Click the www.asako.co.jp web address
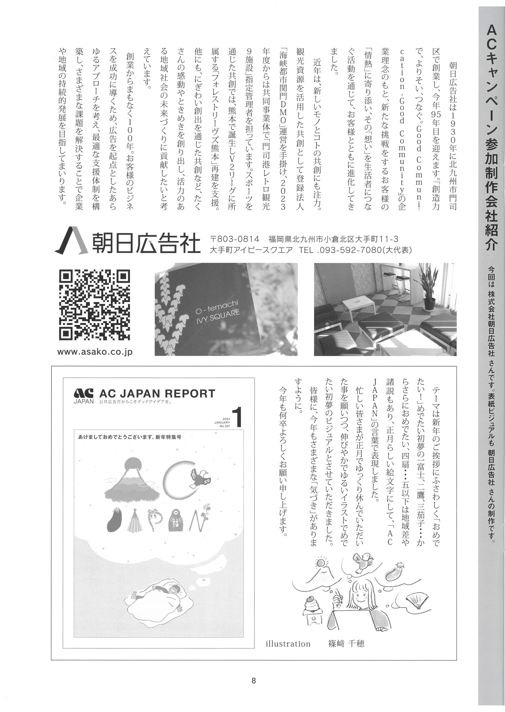95,352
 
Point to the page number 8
253,681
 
